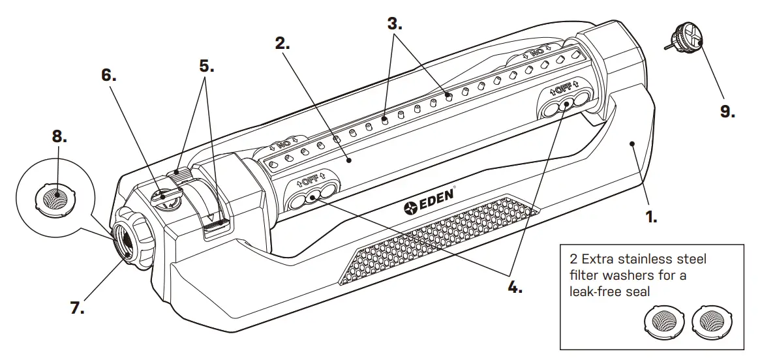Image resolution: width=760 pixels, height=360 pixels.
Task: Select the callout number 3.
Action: pos(395,25)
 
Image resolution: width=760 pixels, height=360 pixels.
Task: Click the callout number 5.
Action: pos(206,65)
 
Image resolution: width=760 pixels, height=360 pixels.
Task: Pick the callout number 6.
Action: pos(109,75)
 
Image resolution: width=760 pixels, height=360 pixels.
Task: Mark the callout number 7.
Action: pos(77,308)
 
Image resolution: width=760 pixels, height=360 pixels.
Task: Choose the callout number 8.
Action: pos(59,136)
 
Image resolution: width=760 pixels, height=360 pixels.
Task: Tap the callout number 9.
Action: pos(727,111)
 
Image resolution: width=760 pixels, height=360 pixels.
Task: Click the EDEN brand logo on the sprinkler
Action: pos(428,207)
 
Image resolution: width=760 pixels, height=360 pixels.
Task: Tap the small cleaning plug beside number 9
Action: pos(687,41)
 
